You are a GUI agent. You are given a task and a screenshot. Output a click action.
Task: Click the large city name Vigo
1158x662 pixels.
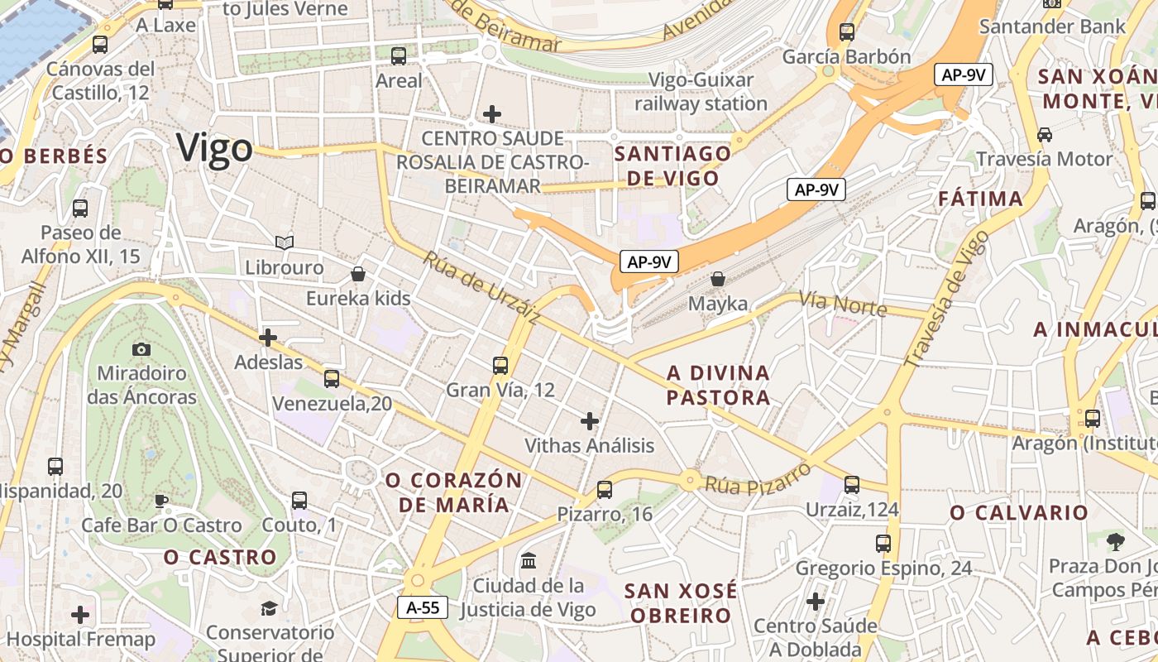pos(214,149)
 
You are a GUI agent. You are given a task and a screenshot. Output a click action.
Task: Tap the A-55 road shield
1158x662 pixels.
pos(423,607)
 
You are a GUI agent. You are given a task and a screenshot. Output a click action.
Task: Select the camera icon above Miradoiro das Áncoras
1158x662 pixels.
pos(141,349)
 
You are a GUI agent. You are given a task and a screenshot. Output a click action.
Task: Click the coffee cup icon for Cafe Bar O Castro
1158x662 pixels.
pos(161,501)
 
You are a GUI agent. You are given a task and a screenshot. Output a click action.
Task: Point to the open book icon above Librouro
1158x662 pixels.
pos(285,242)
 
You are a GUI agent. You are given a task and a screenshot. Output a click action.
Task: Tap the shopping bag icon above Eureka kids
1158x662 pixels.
pos(358,273)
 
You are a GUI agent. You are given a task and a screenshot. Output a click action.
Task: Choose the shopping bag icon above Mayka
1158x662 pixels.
pos(718,279)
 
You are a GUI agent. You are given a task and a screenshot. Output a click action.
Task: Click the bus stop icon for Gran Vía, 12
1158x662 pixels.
pos(500,365)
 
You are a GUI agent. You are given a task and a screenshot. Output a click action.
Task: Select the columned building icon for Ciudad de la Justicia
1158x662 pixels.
pos(528,561)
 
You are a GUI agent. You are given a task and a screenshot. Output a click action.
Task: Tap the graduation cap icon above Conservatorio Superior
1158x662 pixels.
pos(269,609)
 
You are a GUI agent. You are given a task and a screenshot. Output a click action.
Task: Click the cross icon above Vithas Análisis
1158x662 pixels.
pos(590,421)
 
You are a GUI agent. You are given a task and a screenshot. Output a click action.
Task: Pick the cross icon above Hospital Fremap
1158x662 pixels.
pos(80,615)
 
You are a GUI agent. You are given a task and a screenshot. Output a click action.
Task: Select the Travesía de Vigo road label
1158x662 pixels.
pos(946,300)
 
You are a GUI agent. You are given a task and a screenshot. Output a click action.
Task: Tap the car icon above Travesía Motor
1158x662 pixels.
pos(1045,134)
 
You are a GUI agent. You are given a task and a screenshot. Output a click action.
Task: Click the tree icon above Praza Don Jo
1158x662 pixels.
pos(1116,542)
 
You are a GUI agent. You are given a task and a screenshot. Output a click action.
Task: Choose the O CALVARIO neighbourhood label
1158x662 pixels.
pos(1019,513)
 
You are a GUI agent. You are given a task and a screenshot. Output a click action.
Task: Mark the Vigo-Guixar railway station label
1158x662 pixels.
pos(701,92)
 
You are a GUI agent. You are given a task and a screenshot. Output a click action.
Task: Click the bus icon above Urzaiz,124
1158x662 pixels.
pos(852,485)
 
